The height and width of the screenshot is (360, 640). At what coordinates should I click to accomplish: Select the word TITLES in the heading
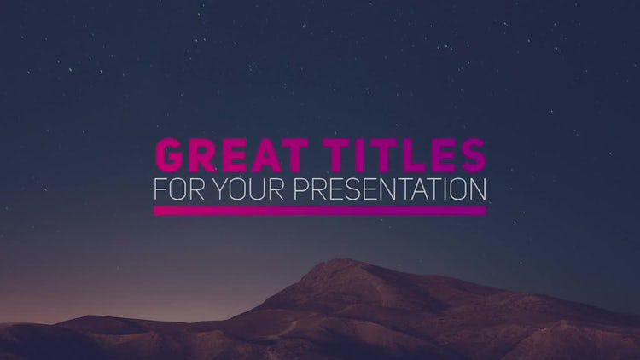[406, 155]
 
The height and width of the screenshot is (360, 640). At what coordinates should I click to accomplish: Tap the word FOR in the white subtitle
[178, 189]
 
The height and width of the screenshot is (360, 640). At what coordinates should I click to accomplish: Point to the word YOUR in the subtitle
[248, 189]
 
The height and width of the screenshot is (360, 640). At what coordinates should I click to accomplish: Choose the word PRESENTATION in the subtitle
[390, 189]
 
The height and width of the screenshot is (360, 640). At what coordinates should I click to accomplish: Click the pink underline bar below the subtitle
[320, 210]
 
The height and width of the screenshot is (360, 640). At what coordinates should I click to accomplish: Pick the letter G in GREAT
[170, 155]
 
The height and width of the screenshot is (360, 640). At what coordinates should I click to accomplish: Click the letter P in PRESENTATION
[301, 189]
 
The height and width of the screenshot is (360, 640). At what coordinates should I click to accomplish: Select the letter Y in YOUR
[220, 189]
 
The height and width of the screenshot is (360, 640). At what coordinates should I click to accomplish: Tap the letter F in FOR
[160, 189]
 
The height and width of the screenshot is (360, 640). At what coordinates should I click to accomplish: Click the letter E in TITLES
[441, 155]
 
